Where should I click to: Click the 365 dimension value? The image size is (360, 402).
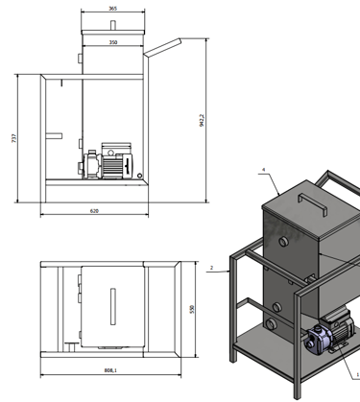pos(113,9)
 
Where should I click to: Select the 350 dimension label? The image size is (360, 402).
pos(113,42)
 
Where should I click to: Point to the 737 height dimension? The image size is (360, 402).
pos(13,138)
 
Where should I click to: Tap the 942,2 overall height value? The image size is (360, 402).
pos(202,120)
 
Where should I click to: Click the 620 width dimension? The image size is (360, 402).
pos(94,211)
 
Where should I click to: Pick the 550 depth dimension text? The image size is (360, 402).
pos(192,309)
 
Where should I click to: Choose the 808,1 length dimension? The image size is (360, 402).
pos(110,370)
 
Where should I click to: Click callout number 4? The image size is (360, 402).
pos(264,170)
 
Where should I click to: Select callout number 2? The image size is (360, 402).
pos(212,268)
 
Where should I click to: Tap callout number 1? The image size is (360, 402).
pos(358,374)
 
